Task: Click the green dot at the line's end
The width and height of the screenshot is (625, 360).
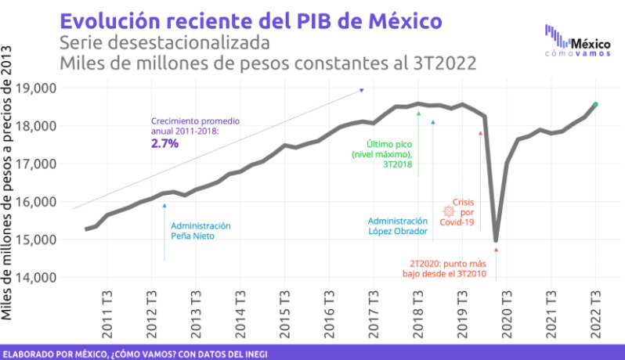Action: coord(595,104)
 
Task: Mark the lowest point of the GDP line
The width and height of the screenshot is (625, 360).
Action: coord(496,240)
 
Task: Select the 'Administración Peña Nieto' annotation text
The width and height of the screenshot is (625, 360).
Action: coord(201,230)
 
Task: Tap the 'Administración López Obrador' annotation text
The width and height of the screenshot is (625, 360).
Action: coord(398,226)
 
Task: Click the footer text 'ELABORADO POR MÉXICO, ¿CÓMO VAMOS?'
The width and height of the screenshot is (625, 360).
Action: coord(134,354)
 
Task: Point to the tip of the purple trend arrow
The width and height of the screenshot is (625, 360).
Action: coord(363,89)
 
